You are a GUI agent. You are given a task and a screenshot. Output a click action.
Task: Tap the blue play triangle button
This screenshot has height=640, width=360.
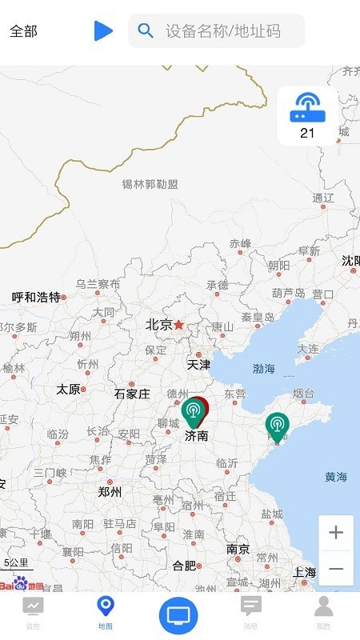(103, 31)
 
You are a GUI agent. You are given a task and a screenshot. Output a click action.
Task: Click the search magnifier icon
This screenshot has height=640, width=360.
(146, 31)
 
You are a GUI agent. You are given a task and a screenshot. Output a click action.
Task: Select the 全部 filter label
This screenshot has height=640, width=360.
(23, 31)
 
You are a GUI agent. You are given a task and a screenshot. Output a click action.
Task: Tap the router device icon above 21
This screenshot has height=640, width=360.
(307, 107)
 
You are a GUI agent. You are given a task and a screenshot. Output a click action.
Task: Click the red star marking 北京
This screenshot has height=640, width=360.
(179, 325)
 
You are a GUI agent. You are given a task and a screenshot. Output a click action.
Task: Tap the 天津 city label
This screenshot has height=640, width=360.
(198, 365)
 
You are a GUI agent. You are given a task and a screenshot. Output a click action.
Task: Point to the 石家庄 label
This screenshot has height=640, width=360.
(132, 394)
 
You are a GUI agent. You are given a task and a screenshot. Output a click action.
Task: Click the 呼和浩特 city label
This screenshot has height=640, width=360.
(36, 297)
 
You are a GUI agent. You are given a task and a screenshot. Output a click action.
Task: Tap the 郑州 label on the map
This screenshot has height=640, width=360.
(110, 492)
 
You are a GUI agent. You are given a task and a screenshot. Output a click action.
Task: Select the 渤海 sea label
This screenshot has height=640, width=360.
(264, 369)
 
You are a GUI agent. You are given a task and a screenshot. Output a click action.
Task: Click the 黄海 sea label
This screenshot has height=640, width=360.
(336, 478)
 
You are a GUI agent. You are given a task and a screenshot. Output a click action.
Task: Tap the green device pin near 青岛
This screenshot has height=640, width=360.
(277, 426)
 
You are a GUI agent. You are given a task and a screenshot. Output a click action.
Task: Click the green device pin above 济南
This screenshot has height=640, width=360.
(192, 412)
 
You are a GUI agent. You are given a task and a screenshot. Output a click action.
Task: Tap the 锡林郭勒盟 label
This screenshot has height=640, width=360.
(150, 184)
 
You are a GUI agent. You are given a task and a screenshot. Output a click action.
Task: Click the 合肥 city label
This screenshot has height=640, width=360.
(184, 566)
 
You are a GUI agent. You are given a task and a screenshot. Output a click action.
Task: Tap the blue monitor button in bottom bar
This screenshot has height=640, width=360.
(178, 615)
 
